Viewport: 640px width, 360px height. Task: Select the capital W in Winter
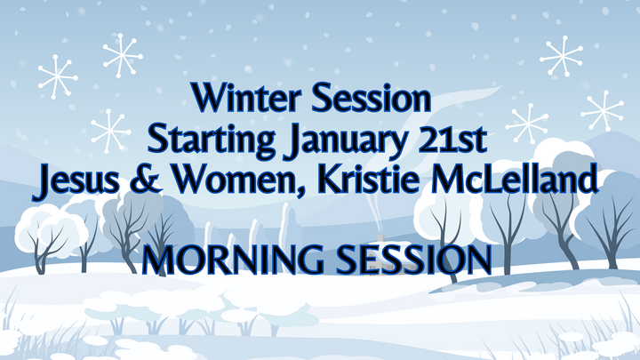click(x=206, y=96)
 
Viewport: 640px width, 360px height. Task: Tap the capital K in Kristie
click(x=334, y=180)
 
